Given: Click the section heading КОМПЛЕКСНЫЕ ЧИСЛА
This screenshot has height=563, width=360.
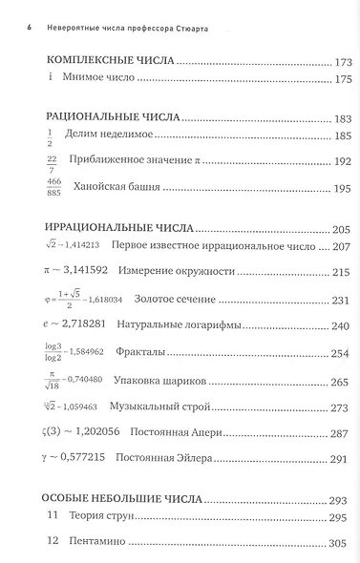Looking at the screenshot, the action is pos(110,61).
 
